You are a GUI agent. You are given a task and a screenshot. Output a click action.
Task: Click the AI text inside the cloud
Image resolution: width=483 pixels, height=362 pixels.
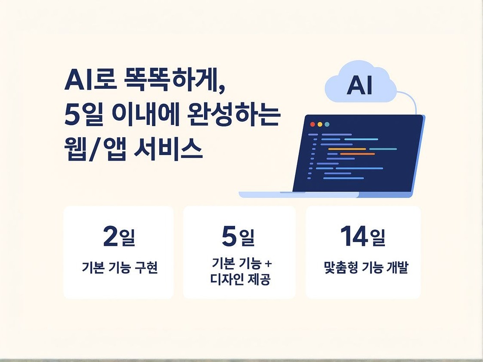pos(359,86)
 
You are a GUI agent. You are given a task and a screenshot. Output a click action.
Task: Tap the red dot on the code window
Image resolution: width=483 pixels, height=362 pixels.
pos(313,124)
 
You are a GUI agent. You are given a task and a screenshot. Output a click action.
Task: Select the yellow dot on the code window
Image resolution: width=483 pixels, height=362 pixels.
pos(319,124)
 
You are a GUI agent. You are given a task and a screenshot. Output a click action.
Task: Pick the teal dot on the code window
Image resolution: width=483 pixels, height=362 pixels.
pos(327,124)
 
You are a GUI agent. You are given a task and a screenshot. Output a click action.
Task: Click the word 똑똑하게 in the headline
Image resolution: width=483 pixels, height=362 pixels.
pos(172,81)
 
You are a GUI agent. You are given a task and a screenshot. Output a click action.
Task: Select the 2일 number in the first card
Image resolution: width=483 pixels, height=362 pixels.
pos(119,237)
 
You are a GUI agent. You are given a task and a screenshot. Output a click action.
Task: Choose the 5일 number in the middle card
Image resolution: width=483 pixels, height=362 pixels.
pos(238,237)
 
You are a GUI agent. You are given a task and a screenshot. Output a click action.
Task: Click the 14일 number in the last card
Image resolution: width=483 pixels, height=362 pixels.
pos(362,237)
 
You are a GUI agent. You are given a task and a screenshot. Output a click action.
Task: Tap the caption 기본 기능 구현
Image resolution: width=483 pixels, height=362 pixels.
pos(120,268)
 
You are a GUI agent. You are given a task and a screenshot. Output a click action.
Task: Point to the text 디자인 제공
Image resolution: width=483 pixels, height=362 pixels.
pos(240,280)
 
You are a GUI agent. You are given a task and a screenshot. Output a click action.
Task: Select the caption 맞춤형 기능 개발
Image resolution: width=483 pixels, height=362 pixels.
pos(365,268)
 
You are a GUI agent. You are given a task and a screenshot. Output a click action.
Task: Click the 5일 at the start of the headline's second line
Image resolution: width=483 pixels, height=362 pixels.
pos(82,115)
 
